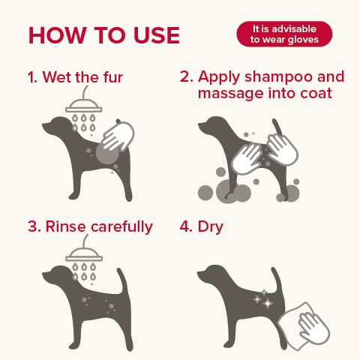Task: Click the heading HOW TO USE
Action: [103, 35]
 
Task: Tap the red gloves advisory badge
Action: [283, 34]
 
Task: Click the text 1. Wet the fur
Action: [75, 77]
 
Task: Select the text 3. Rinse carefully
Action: [89, 226]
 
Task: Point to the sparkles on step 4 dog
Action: [265, 299]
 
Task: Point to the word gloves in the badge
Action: [304, 40]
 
